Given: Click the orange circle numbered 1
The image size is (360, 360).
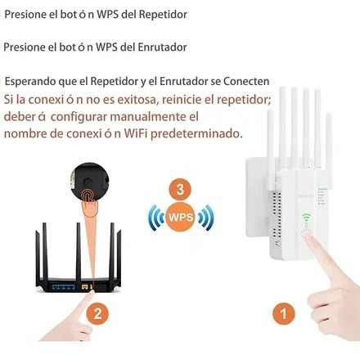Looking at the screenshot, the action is click(x=284, y=313).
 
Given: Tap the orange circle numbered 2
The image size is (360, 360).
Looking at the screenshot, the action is click(x=97, y=313).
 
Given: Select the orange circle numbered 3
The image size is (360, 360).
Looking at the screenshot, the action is click(x=180, y=190).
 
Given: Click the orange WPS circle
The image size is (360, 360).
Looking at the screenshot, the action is click(x=181, y=217).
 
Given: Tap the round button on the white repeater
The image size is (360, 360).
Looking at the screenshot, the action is click(x=307, y=234).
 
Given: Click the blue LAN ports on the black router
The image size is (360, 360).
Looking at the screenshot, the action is click(x=63, y=287).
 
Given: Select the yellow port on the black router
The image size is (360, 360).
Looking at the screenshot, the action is click(x=85, y=287).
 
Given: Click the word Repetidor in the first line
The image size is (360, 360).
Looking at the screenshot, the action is click(x=163, y=15).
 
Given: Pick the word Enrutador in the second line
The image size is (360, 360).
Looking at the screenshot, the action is click(x=162, y=47).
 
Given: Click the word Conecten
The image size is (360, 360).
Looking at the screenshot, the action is click(x=246, y=81).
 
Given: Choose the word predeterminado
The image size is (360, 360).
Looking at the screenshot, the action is click(x=196, y=134).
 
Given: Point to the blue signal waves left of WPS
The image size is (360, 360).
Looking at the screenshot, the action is click(x=156, y=218).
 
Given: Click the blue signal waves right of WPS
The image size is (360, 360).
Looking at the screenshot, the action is click(x=205, y=218).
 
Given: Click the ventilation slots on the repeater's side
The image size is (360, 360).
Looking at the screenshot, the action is click(x=277, y=214).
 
